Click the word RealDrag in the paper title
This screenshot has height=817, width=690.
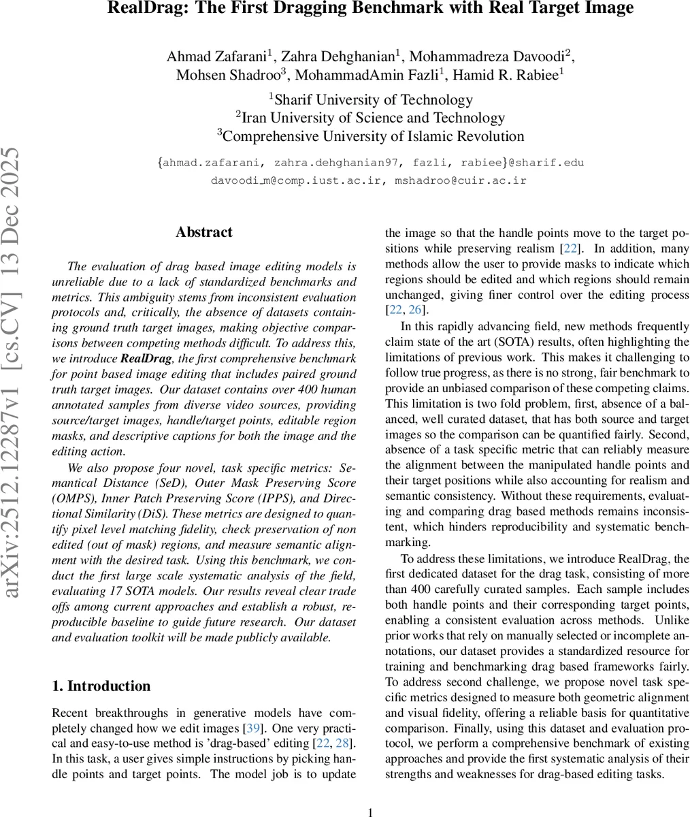(144, 9)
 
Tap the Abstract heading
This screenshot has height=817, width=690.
(203, 232)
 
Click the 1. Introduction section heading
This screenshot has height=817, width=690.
(101, 686)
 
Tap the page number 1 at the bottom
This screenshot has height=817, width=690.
(370, 812)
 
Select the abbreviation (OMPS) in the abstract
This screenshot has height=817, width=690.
(76, 498)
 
